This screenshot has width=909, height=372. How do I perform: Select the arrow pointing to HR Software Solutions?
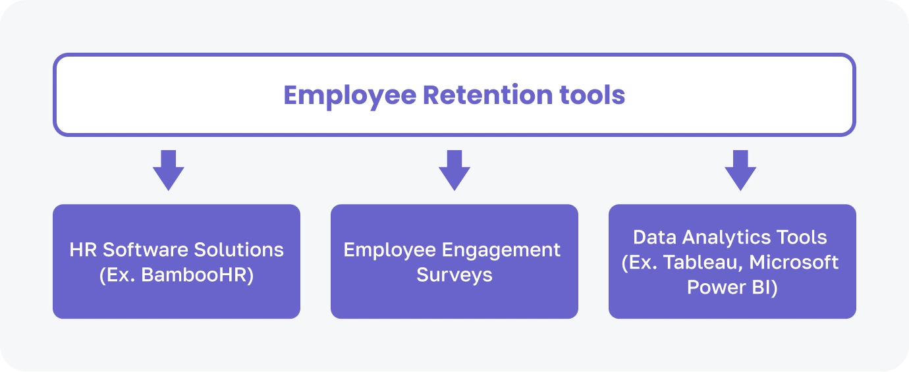tap(169, 169)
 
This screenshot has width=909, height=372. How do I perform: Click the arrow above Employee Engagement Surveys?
tap(454, 169)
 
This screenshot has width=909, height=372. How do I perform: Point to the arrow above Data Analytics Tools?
tap(740, 169)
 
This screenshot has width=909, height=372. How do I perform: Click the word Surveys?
tap(454, 275)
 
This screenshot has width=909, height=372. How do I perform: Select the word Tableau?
tap(703, 262)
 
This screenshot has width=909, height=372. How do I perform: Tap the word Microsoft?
tap(795, 262)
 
